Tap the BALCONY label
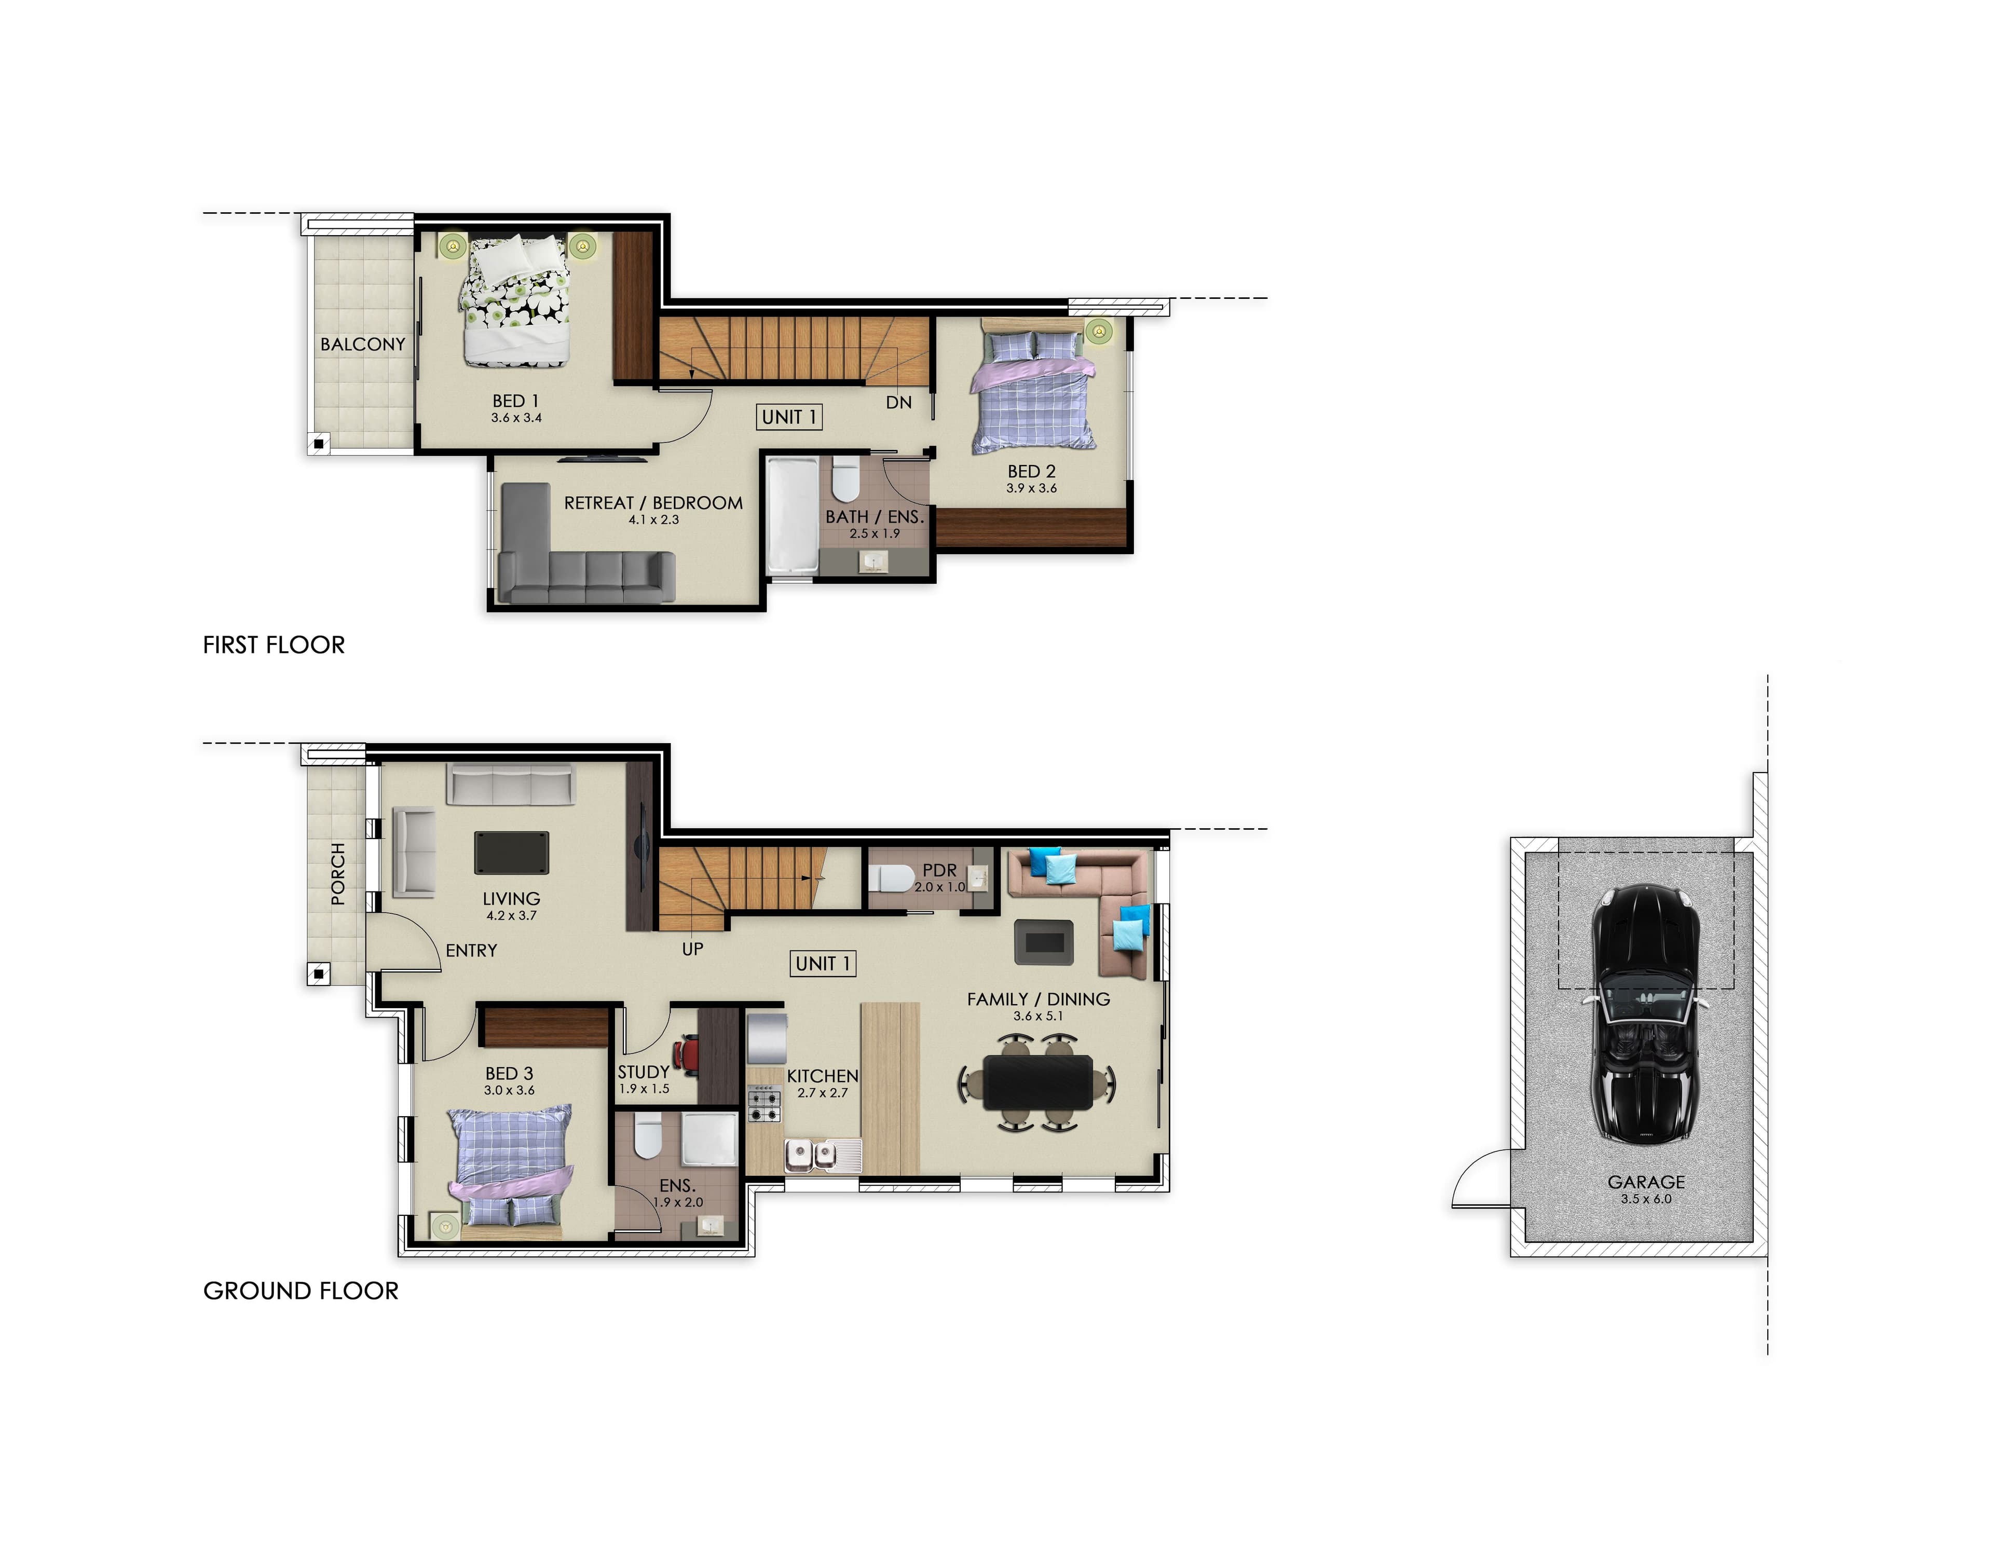(362, 344)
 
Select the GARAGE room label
(1646, 1182)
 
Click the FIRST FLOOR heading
(274, 645)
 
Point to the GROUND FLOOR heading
(301, 1291)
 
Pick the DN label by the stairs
(899, 402)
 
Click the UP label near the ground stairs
(693, 949)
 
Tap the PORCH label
(338, 874)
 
